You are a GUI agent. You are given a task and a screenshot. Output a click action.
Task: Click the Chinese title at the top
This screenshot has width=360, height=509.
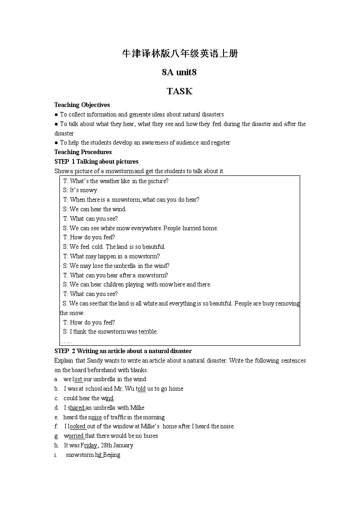coord(180,54)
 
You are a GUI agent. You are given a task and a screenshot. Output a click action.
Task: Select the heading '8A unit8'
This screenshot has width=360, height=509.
coord(179,72)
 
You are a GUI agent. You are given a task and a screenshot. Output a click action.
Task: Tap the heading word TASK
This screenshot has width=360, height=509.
coord(180,91)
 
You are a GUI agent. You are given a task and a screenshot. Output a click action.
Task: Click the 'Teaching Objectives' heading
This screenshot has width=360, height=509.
coord(82,105)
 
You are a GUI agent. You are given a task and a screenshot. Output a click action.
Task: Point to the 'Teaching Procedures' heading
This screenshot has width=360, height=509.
coord(83,152)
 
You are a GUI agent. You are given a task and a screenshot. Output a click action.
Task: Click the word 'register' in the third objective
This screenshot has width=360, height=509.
coord(220,143)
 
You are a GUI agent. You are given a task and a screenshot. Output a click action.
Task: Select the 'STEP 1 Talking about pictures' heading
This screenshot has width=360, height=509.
coord(97,162)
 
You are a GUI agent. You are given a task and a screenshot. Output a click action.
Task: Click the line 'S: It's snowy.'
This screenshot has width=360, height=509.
coord(80,190)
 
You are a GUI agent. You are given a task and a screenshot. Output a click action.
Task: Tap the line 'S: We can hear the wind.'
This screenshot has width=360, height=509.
coord(94,209)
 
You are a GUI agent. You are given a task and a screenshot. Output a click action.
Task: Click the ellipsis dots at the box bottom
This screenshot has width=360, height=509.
coord(66,341)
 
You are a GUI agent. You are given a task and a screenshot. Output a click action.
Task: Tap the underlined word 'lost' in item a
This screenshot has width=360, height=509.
coord(78,379)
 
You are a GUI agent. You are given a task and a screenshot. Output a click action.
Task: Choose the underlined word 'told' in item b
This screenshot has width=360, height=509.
coord(141,389)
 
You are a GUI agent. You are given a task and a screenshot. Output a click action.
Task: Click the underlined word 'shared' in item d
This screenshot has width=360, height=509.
coord(76,408)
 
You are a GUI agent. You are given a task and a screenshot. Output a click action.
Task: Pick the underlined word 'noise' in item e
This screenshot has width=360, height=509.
coord(95,417)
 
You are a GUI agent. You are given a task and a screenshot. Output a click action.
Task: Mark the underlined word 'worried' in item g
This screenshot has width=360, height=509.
coord(74,436)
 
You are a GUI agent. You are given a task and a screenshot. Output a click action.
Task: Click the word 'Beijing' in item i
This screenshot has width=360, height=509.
coord(112,455)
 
